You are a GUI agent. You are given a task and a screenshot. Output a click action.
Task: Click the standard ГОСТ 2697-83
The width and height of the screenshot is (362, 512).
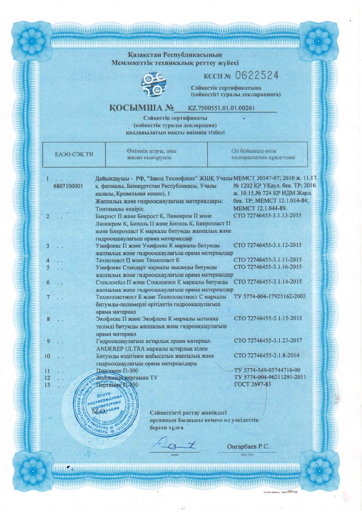pyautogui.click(x=252, y=384)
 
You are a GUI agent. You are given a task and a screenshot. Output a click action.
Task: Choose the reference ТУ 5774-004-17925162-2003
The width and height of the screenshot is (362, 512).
pyautogui.click(x=269, y=297)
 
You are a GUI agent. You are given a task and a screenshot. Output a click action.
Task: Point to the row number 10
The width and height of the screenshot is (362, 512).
pyautogui.click(x=49, y=356)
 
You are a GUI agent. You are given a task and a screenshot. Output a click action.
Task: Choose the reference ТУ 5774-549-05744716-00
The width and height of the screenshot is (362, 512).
pyautogui.click(x=267, y=370)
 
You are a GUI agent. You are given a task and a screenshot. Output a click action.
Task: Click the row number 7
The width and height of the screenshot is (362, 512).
pyautogui.click(x=48, y=297)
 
